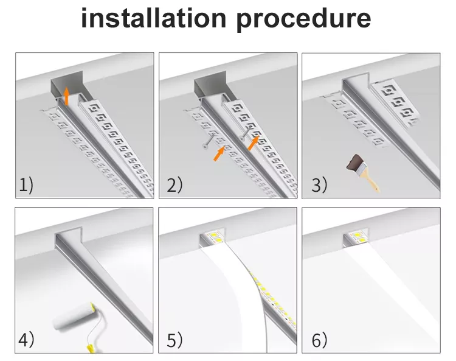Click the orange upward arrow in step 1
[66, 96]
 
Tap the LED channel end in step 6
[354, 239]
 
